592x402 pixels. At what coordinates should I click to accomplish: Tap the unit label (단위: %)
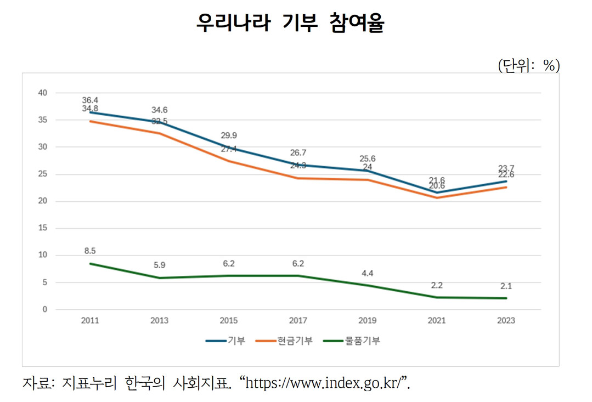[x=528, y=66]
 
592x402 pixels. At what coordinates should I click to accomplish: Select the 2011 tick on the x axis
[x=90, y=321]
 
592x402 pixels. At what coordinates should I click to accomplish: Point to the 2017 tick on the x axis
[x=298, y=321]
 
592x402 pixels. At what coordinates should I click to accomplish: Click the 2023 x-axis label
[x=506, y=321]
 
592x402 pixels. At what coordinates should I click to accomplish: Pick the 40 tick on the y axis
[x=43, y=93]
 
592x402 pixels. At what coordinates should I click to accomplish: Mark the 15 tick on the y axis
[x=43, y=228]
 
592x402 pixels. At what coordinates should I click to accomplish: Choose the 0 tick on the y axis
[x=45, y=309]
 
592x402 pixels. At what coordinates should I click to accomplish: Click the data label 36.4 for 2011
[x=90, y=100]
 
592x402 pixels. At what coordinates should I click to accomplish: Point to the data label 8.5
[x=90, y=251]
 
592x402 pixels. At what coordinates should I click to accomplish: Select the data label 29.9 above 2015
[x=229, y=135]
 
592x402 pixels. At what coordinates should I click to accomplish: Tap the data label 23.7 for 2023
[x=506, y=168]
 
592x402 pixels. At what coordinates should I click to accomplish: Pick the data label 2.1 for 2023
[x=506, y=286]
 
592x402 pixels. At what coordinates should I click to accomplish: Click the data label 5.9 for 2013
[x=159, y=265]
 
